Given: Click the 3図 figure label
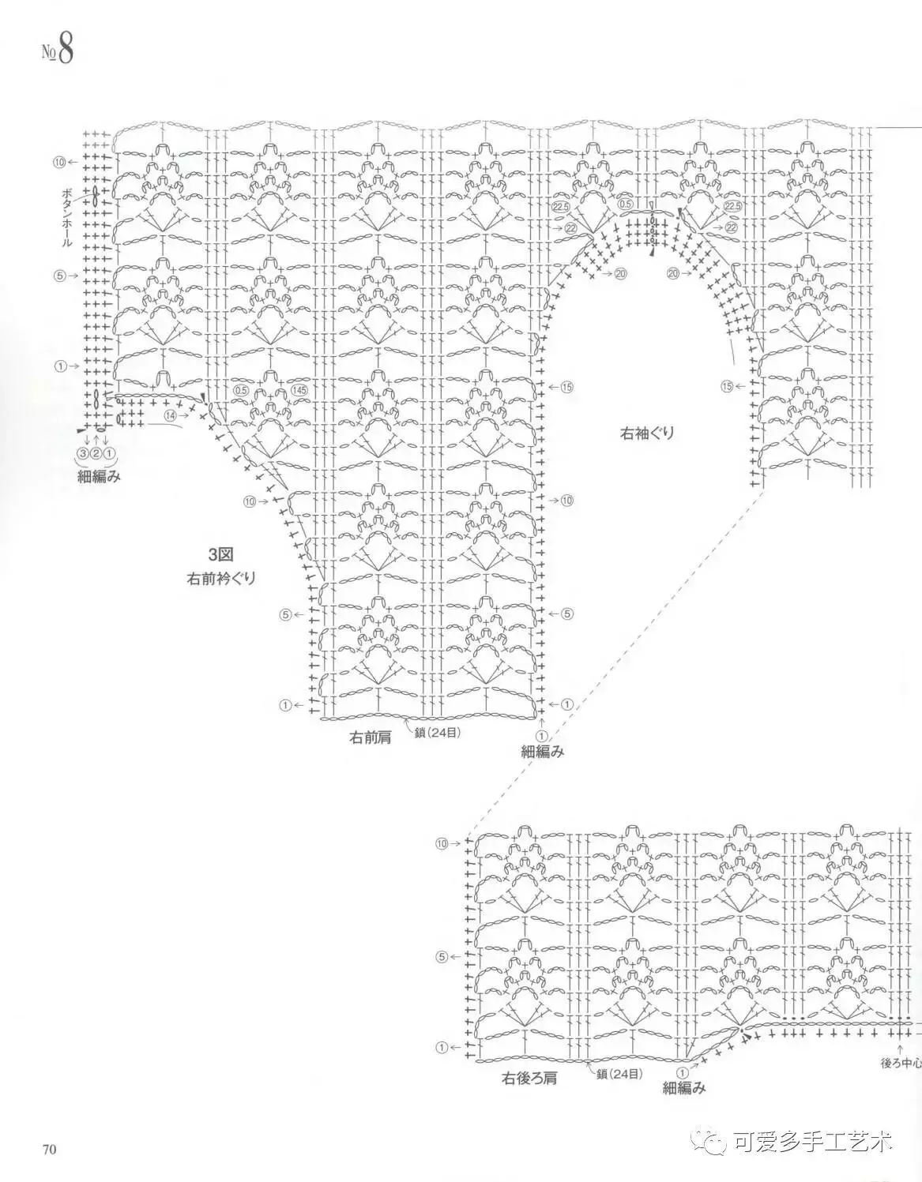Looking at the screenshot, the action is [x=220, y=553].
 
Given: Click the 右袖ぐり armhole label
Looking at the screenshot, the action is [x=646, y=433].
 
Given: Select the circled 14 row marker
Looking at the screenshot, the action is [x=170, y=415].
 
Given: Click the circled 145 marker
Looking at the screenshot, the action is [x=299, y=390].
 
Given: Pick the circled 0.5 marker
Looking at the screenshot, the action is [x=241, y=390].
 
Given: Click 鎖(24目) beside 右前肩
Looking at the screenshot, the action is [x=437, y=732].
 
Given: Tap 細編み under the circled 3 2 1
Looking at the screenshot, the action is [x=99, y=476].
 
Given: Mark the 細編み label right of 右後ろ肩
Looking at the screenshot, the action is [x=683, y=1087].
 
